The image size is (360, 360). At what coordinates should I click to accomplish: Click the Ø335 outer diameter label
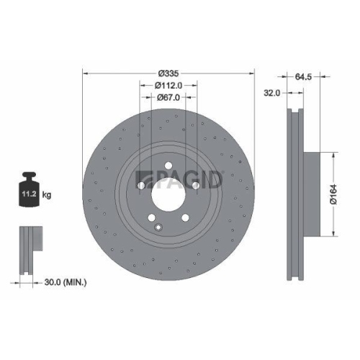point(168,73)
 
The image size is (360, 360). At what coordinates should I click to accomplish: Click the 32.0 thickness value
point(272,92)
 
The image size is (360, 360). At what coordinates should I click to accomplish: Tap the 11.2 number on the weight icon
point(29,194)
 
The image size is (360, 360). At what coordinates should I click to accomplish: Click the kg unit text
point(47,194)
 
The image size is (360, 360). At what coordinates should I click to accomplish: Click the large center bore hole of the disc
point(168,194)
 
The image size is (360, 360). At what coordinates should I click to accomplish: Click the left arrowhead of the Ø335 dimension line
point(86,73)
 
